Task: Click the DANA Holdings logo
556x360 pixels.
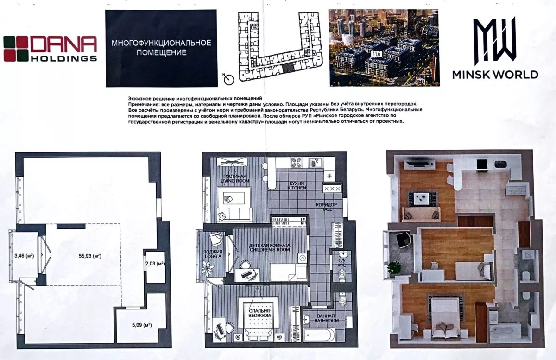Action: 50,49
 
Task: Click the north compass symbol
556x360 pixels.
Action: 228,79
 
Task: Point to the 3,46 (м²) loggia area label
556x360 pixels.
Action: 24,255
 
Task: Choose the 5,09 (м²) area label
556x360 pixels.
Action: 142,325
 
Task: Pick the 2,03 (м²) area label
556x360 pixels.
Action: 155,264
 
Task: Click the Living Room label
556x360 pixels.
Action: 234,178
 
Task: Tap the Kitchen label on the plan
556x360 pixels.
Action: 297,185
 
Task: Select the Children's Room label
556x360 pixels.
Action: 270,247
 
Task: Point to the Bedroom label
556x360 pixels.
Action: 259,313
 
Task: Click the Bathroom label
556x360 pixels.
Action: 326,318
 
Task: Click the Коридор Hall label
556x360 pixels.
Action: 326,207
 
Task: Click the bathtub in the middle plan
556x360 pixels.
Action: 319,335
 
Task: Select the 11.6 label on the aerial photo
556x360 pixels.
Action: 376,54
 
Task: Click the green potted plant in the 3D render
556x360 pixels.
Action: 394,268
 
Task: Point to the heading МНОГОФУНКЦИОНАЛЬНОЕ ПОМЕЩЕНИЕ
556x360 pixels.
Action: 161,48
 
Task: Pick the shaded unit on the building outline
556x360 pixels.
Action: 288,68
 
